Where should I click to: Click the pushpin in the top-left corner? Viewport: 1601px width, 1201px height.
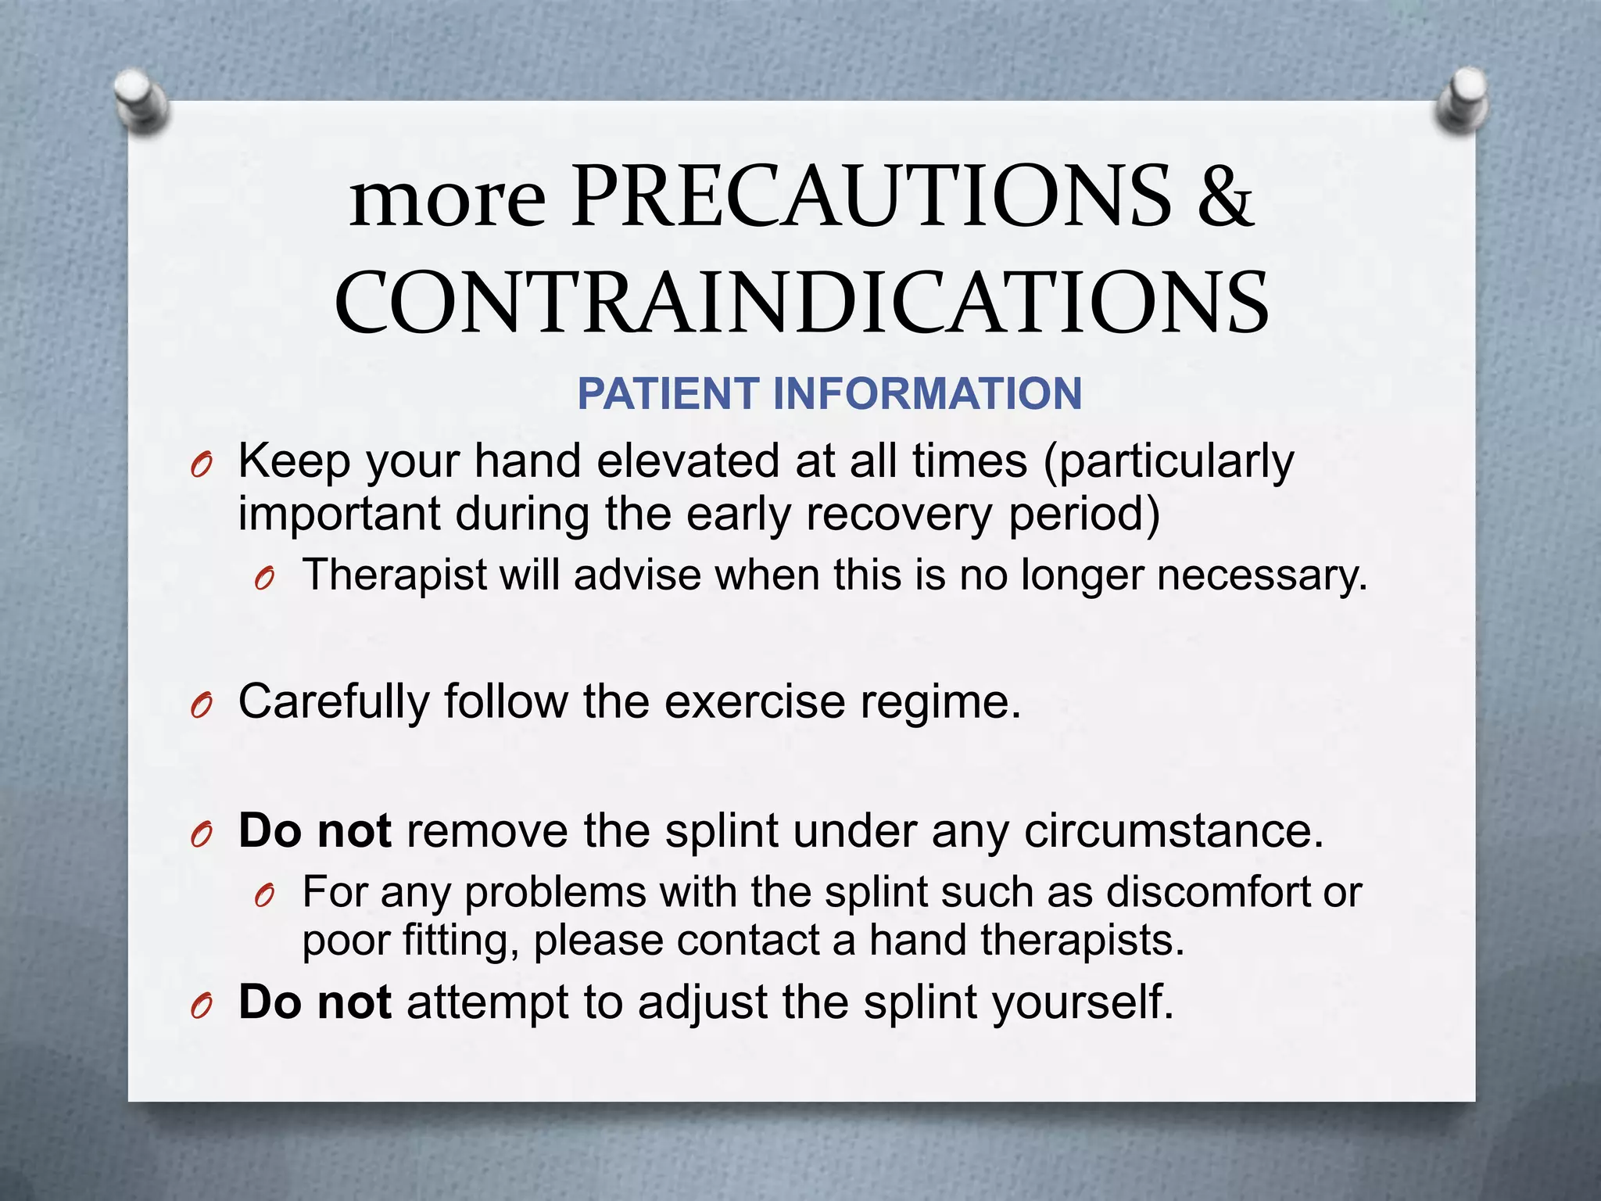(x=141, y=102)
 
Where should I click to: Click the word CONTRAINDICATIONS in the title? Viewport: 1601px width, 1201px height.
(x=801, y=303)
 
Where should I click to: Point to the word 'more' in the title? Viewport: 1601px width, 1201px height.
(x=447, y=200)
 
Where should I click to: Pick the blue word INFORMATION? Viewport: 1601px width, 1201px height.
(x=927, y=393)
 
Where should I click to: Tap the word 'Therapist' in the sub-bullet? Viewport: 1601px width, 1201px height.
(x=394, y=575)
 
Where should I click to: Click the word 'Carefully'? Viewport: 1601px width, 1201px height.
(x=334, y=701)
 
